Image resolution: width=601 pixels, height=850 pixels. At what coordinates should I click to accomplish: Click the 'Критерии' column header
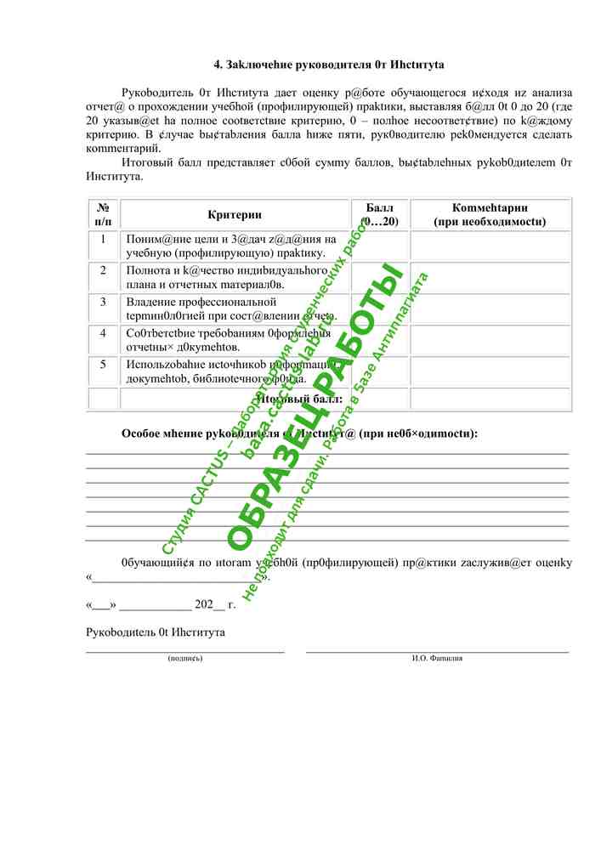234,215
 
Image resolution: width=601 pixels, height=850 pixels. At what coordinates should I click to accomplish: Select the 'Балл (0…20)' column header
380,215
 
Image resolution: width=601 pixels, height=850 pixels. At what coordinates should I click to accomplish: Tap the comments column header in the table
490,215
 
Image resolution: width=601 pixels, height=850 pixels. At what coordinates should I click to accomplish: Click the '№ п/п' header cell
103,215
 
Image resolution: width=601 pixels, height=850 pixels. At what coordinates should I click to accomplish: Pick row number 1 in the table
103,239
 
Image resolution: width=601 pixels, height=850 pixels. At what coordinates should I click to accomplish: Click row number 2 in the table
103,270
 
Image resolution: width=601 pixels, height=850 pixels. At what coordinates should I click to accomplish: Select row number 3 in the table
103,302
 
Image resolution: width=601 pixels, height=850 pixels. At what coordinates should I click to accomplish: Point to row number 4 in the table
103,333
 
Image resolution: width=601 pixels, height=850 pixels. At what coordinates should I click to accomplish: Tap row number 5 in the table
103,365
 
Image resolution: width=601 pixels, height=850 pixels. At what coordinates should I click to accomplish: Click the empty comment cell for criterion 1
490,245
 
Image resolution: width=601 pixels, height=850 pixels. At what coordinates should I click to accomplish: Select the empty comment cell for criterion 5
490,371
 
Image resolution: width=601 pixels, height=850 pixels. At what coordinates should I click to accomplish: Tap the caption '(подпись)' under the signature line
185,659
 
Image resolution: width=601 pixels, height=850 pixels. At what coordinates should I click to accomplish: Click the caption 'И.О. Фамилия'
437,659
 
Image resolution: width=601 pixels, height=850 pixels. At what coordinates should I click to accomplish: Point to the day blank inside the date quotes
101,608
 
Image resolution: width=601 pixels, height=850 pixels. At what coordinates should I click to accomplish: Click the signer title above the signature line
156,633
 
